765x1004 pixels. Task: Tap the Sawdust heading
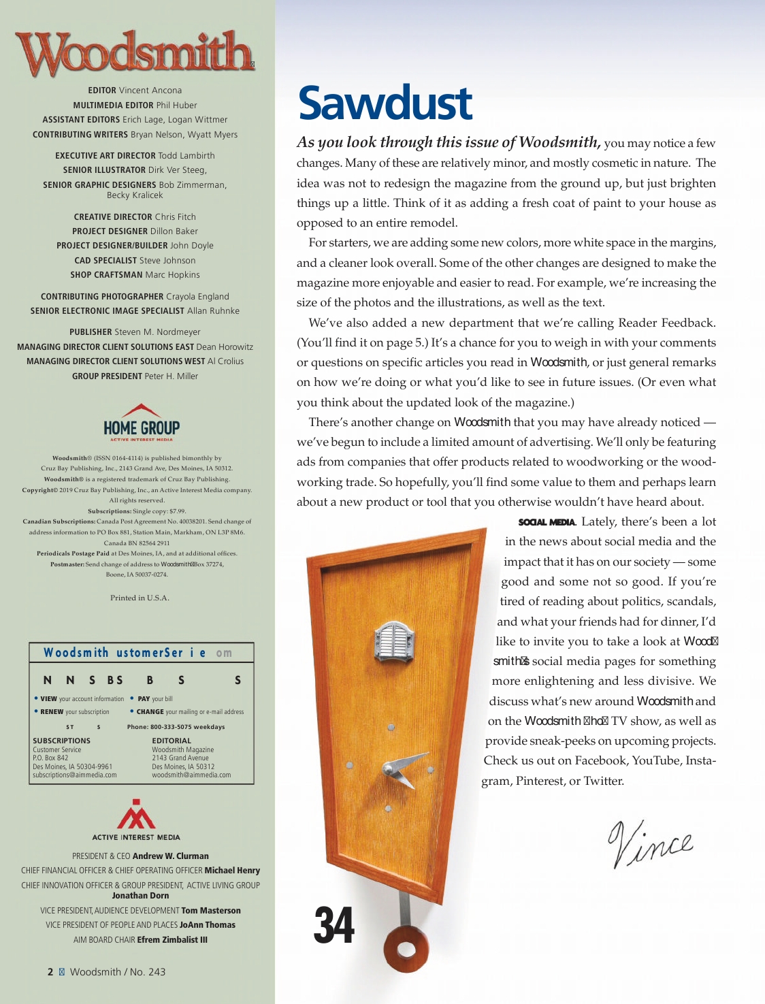coord(385,103)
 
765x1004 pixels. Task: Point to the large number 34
coord(333,925)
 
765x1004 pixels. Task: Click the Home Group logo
coord(142,423)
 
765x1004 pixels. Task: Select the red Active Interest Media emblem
coord(136,814)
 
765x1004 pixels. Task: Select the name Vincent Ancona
coord(150,91)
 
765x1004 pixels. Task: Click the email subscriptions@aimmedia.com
coord(75,775)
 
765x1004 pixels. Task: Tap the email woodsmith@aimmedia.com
coord(191,775)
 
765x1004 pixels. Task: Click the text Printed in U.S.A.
coord(140,598)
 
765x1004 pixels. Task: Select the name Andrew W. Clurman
coord(170,856)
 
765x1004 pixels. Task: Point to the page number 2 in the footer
coord(50,972)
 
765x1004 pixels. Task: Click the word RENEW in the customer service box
coord(52,712)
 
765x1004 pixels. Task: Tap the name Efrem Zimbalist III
coord(172,940)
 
